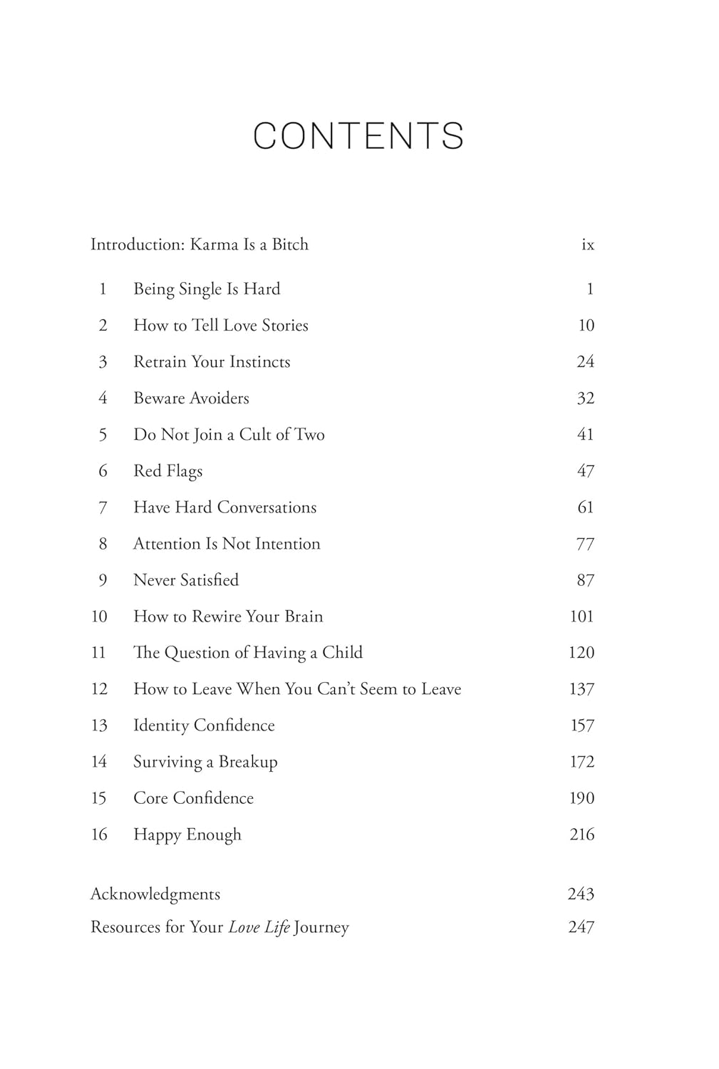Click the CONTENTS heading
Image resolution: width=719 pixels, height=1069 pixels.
coord(358,135)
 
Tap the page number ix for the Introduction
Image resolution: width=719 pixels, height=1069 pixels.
coord(587,244)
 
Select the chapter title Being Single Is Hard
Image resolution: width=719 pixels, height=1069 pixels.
coord(207,289)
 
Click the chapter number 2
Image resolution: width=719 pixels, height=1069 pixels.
coord(103,325)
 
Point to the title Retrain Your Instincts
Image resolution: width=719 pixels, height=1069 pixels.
coord(212,361)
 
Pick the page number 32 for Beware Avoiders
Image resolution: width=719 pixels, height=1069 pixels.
coord(585,398)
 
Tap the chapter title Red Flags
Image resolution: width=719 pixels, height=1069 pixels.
coord(167,471)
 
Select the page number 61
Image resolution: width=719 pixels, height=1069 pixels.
coord(585,507)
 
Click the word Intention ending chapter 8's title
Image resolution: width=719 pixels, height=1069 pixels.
coord(287,544)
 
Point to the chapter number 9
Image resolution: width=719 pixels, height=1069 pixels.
coord(103,580)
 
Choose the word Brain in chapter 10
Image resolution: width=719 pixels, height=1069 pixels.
coord(304,616)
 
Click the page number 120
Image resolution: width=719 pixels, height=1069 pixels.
coord(581,653)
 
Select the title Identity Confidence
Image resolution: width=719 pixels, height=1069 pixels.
coord(204,725)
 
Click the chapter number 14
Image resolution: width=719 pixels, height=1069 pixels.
coord(99,762)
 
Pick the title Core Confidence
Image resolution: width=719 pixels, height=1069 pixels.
coord(193,798)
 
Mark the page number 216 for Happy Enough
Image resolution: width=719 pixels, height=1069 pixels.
coord(581,835)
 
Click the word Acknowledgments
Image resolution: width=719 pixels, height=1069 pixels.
coord(155,894)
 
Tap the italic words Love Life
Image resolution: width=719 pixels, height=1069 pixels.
coord(259,927)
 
